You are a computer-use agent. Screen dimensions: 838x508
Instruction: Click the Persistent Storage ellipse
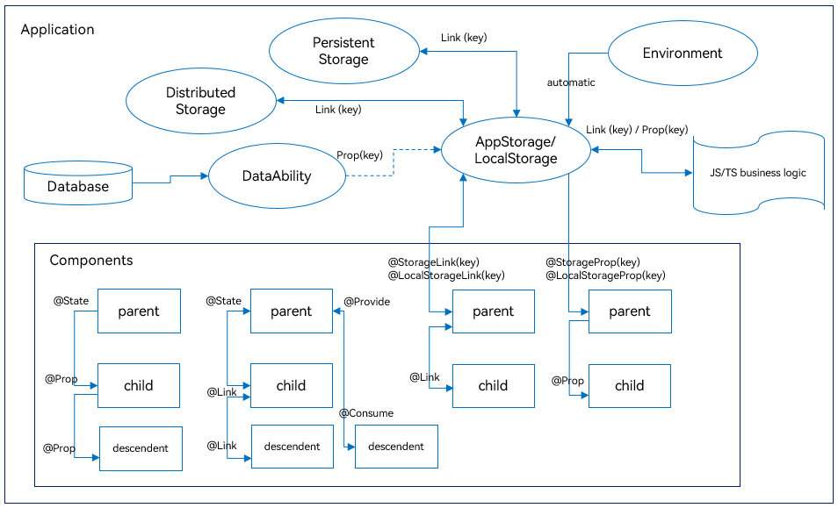point(343,51)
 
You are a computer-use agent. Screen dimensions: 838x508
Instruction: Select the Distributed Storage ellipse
point(201,100)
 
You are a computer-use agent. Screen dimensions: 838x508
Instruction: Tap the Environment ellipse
point(683,54)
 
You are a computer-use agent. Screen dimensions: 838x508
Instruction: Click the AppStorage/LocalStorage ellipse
point(516,150)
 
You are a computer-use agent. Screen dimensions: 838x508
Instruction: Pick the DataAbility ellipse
point(277,175)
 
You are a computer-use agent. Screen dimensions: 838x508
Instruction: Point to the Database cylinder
point(78,183)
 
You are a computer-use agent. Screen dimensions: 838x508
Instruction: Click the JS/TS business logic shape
point(758,172)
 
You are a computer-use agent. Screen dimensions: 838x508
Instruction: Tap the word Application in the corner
point(57,29)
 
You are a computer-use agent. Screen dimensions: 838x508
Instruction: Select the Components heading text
point(91,260)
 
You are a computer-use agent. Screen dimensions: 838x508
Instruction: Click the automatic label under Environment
point(571,82)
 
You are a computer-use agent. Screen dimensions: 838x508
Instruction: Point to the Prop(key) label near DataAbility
point(359,155)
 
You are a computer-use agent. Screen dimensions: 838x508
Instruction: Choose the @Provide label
point(366,302)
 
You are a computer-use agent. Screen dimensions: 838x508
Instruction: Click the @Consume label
point(366,413)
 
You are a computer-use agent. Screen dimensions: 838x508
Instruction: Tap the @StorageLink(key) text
point(433,262)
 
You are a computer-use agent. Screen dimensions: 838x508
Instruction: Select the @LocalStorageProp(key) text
point(605,275)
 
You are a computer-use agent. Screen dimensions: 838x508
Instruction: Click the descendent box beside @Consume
point(396,447)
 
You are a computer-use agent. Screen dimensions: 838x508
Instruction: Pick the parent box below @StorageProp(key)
point(630,311)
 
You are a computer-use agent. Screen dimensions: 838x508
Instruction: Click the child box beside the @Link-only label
point(494,386)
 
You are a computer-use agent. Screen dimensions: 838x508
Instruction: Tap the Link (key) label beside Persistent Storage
point(464,38)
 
